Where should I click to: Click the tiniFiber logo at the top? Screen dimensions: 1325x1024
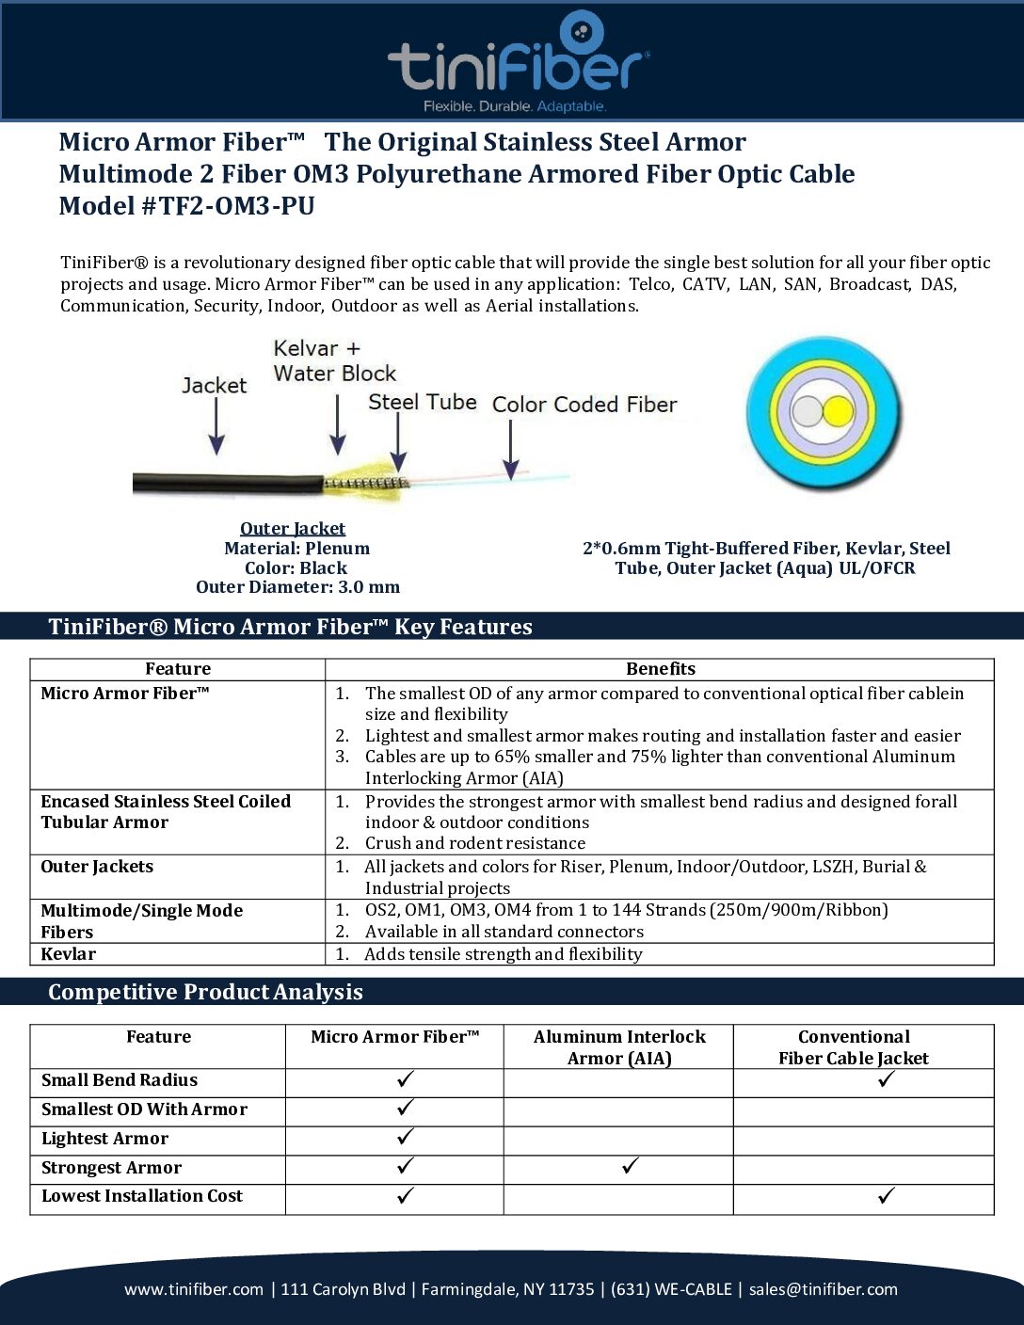coord(518,62)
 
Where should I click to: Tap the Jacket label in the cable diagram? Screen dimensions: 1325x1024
coord(214,385)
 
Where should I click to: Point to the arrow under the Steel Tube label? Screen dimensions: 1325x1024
coord(399,442)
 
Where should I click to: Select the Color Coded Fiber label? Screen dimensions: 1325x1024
coord(584,405)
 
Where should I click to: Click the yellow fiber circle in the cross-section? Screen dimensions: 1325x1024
coord(838,412)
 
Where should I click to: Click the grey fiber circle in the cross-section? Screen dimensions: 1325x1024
coord(808,412)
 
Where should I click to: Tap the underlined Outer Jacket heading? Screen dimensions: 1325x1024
coord(293,529)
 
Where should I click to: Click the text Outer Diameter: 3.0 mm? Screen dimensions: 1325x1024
coord(297,587)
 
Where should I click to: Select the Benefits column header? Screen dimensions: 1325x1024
coord(660,669)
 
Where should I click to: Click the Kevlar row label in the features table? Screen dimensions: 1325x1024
coord(69,954)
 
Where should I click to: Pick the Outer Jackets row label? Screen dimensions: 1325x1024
coord(97,867)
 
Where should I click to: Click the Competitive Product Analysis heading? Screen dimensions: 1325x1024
coord(205,992)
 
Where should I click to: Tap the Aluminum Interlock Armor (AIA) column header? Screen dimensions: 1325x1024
coord(618,1047)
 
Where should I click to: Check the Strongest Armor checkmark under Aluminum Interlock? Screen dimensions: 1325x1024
coord(631,1167)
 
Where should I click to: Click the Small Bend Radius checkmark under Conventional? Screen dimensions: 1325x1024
coord(886,1079)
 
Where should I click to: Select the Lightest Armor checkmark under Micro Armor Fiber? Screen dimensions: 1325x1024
coord(406,1137)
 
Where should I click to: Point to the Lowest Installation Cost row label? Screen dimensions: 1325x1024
coord(142,1196)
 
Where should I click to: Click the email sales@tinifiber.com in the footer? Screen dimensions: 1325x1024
coord(823,1289)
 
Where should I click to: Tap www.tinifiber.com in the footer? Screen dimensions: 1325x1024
coord(194,1289)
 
